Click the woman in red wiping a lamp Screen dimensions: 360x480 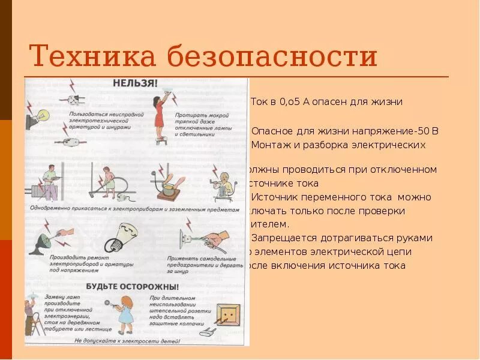click(160, 114)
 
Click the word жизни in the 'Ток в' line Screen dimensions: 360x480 click(389, 101)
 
